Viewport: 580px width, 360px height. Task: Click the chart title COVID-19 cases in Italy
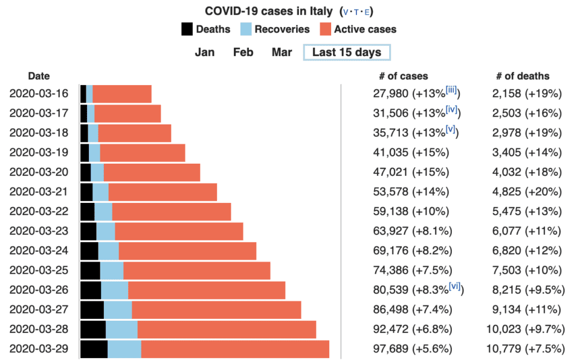[268, 11]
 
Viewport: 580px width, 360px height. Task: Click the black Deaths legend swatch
[187, 29]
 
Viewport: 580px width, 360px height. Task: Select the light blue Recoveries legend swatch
[245, 29]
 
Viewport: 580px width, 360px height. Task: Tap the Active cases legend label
[365, 29]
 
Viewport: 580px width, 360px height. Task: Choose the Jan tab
[205, 52]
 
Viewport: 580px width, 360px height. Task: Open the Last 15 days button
[346, 52]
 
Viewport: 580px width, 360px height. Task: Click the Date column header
[39, 76]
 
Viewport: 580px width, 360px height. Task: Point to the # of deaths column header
[523, 76]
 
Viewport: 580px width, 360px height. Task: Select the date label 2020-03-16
[39, 94]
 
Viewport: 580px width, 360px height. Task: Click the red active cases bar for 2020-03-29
[235, 349]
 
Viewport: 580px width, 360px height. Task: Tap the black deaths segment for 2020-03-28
[93, 330]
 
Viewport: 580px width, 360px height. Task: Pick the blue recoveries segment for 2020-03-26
[114, 291]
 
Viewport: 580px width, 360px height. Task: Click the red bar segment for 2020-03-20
[152, 172]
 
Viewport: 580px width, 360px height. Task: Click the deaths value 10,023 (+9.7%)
[525, 330]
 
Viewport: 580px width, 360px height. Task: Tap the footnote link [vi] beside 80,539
[455, 287]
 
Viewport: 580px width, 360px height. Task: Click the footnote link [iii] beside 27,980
[452, 91]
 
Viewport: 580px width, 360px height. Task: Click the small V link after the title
[346, 11]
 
